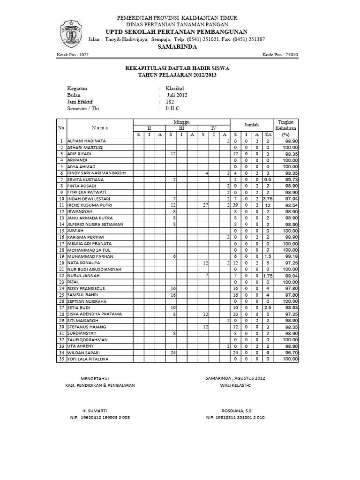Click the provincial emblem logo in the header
point(70,33)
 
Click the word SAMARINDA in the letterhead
point(177,47)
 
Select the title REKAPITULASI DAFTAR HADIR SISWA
point(177,68)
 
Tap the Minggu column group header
point(182,121)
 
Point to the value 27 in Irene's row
point(205,205)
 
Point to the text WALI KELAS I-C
point(235,385)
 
